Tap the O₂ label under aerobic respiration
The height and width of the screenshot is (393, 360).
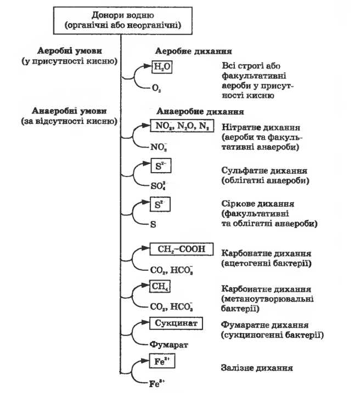155,86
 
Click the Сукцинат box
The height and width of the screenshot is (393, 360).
176,323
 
